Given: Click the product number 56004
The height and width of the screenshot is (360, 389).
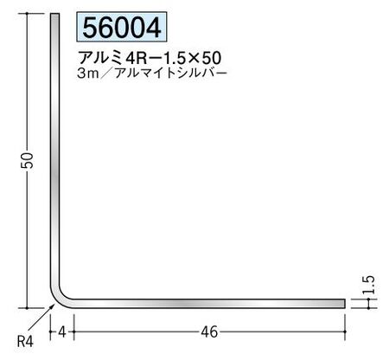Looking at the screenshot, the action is pyautogui.click(x=122, y=28).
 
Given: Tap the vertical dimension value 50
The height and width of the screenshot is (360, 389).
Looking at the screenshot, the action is pyautogui.click(x=29, y=160).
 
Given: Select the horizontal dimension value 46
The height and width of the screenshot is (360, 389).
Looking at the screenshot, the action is pyautogui.click(x=209, y=332).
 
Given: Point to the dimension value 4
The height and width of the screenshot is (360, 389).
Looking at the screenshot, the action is pyautogui.click(x=62, y=332).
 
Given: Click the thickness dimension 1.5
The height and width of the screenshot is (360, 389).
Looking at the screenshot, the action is pyautogui.click(x=369, y=285).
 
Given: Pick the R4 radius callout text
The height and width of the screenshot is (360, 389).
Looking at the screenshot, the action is pyautogui.click(x=25, y=342).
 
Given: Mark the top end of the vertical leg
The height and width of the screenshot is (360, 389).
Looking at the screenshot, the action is pyautogui.click(x=55, y=14).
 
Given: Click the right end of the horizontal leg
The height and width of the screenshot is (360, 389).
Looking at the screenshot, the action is pyautogui.click(x=344, y=304).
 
